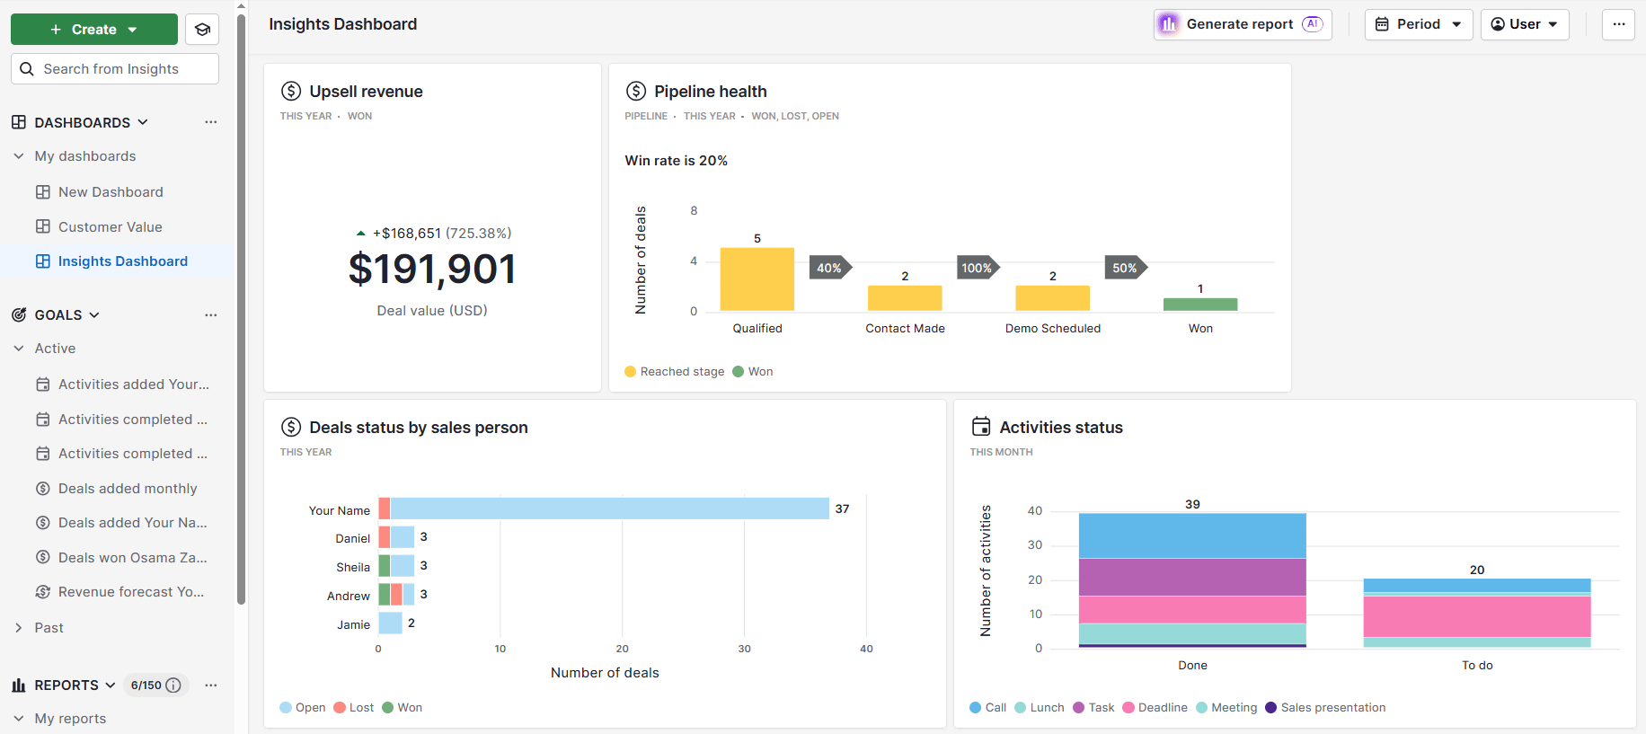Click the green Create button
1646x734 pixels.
point(93,30)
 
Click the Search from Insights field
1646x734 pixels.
point(115,69)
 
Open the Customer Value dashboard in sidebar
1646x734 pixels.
point(110,227)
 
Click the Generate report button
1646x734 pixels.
point(1242,24)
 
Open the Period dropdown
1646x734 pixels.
point(1418,24)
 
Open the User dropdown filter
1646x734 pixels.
point(1524,24)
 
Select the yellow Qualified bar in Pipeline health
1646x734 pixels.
point(757,279)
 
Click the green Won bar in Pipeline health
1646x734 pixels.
point(1199,305)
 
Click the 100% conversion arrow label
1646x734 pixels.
point(977,268)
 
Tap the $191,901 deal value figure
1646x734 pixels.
point(432,270)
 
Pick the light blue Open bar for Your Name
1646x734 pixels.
point(609,508)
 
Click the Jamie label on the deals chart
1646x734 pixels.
point(353,624)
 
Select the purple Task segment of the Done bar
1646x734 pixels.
point(1191,577)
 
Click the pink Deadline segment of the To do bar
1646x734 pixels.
point(1476,616)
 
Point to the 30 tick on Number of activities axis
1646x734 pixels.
point(1035,545)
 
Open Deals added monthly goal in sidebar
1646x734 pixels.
point(127,489)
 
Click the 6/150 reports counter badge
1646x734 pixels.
point(155,685)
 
